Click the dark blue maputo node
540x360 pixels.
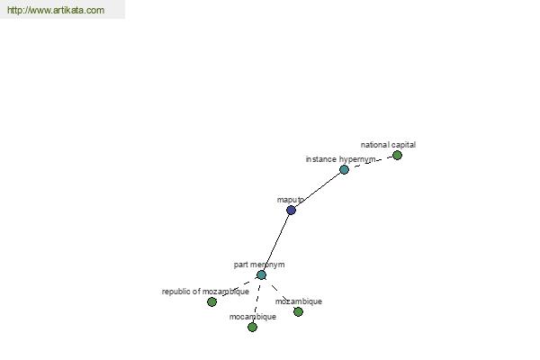click(291, 210)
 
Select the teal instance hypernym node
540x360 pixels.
click(344, 169)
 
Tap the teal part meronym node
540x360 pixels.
click(261, 274)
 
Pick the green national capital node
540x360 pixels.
click(397, 156)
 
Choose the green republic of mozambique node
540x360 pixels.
click(211, 302)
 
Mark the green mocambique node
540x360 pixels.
click(252, 328)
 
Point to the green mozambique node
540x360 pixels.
click(298, 312)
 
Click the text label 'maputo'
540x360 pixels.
click(291, 200)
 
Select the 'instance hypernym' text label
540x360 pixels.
click(340, 159)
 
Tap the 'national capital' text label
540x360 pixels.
click(388, 145)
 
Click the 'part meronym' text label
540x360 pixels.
click(259, 265)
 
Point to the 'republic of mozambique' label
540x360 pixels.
click(205, 292)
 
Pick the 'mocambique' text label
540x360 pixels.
click(253, 317)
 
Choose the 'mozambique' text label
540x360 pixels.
click(299, 301)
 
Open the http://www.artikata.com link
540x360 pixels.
click(56, 10)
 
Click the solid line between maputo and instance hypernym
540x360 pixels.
click(318, 190)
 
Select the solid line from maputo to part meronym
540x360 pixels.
click(276, 242)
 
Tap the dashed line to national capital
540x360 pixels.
click(371, 162)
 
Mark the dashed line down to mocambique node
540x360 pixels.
click(256, 301)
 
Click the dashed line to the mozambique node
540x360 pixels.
click(280, 293)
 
